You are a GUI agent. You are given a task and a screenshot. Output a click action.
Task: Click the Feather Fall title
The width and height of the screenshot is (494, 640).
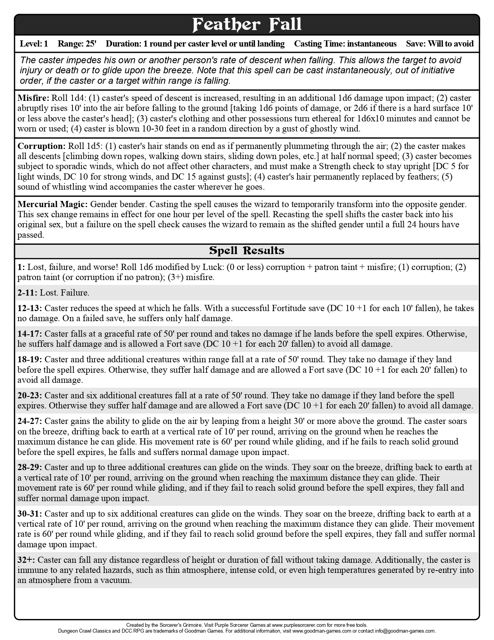pos(247,24)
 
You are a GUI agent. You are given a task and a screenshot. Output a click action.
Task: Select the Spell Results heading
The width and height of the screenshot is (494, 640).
pos(247,251)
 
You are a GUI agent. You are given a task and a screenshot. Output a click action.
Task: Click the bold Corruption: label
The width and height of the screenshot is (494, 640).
pos(41,146)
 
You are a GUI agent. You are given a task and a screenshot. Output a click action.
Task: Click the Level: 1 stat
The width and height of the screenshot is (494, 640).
pos(34,43)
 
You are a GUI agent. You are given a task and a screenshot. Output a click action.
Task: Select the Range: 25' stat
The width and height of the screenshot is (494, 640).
pos(77,43)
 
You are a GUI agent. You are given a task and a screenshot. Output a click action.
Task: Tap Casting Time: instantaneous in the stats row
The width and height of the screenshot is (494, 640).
pos(345,43)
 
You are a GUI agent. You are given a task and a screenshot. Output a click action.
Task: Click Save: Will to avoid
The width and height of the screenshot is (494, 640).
pos(440,43)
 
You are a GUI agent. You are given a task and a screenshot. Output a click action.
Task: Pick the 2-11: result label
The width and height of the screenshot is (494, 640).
pos(27,293)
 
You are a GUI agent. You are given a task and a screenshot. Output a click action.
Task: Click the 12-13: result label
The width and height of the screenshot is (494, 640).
pos(29,308)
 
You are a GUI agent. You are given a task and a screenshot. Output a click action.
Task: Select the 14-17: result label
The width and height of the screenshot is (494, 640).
pos(29,334)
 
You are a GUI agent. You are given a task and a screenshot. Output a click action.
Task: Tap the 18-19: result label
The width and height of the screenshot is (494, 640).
pos(29,360)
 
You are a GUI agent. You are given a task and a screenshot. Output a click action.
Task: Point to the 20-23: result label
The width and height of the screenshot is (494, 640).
pos(29,396)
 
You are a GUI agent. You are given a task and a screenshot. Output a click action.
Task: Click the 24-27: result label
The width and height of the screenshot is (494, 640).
pos(29,421)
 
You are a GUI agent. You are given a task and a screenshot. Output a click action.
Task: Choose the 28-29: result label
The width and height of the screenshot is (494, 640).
pos(29,467)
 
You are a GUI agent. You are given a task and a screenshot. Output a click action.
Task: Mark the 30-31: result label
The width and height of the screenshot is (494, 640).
pos(29,514)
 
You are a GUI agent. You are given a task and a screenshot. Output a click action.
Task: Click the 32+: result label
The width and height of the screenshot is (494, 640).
pos(26,560)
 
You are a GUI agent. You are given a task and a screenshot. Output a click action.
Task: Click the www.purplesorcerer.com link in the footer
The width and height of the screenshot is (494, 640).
pos(297,625)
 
